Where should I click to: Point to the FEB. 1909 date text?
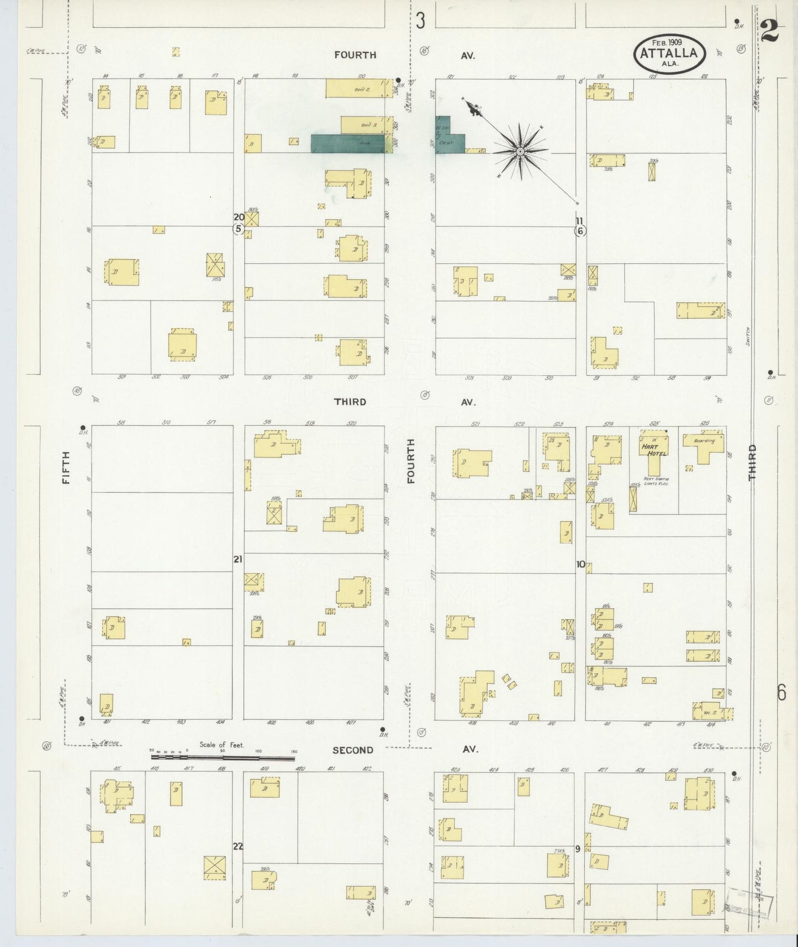click(x=667, y=42)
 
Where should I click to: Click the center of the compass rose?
click(x=520, y=151)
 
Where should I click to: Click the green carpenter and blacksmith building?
click(x=446, y=135)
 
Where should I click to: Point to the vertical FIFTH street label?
click(x=66, y=468)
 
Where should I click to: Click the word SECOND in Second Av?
click(x=353, y=750)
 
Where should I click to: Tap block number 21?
click(x=237, y=560)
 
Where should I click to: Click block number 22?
click(x=237, y=846)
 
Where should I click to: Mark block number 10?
click(x=580, y=564)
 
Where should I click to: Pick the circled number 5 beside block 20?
click(x=239, y=229)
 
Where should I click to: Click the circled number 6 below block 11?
click(x=580, y=232)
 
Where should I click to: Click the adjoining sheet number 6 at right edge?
click(x=781, y=693)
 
